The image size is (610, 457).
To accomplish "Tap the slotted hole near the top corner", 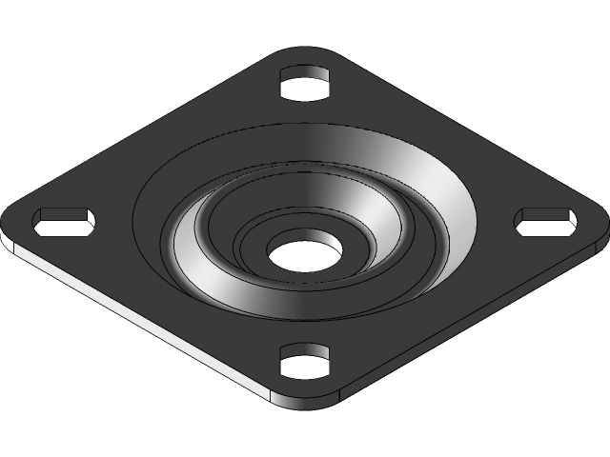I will coord(305,83).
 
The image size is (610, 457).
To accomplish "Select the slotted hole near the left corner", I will coord(65,221).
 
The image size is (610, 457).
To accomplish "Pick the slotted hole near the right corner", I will coord(546,221).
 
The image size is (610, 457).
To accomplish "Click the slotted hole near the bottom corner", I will coord(305,362).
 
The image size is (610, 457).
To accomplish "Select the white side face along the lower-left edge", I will coord(143,324).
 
